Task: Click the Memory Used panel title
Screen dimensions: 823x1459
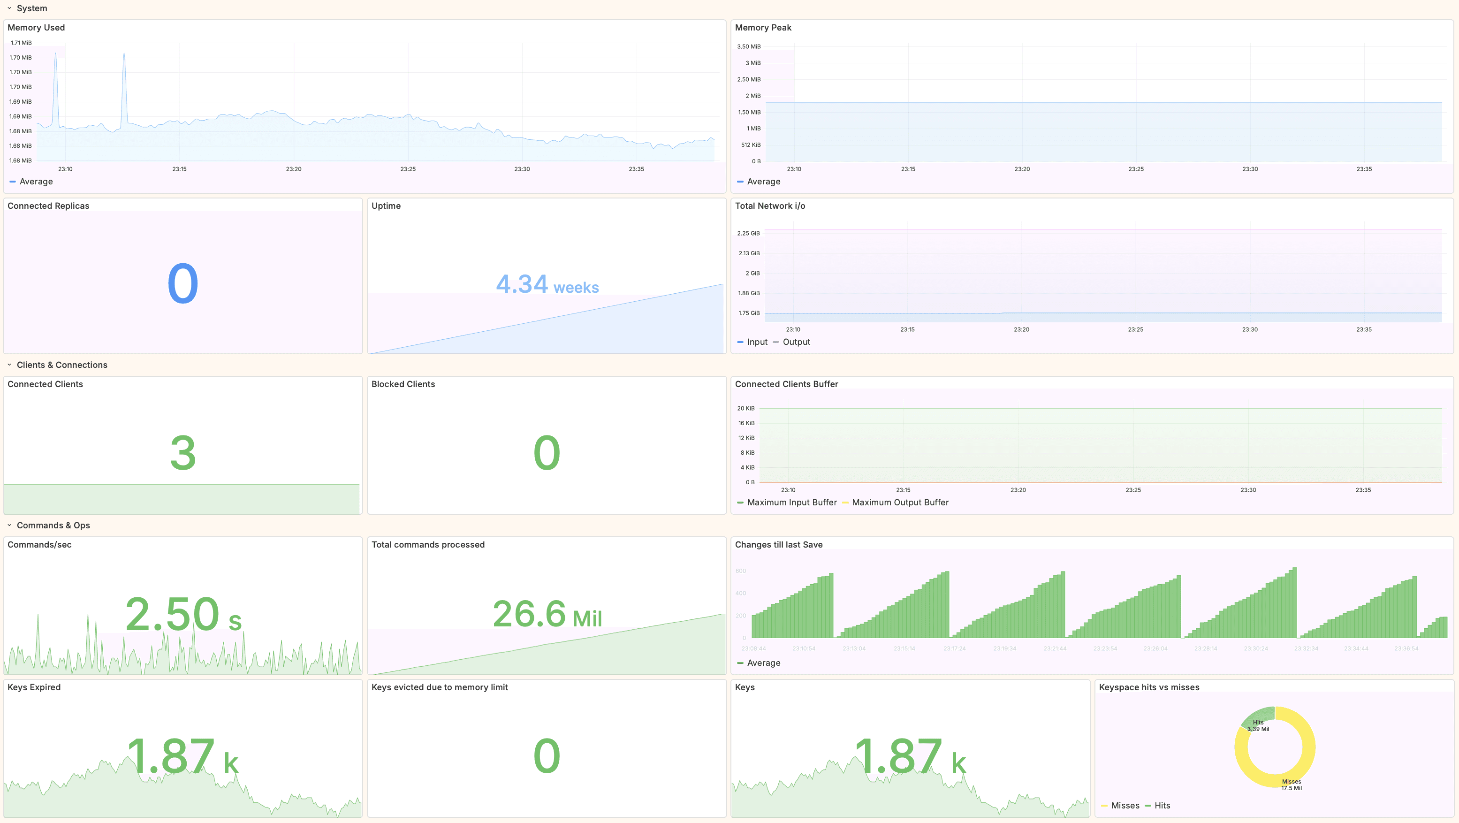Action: (36, 27)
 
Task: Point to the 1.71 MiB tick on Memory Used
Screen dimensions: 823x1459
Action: (21, 43)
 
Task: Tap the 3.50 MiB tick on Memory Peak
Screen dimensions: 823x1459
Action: (748, 46)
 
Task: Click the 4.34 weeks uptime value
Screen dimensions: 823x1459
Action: (547, 284)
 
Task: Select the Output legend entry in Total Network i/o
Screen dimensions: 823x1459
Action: (796, 342)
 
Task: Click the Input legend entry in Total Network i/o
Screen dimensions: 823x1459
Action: (757, 342)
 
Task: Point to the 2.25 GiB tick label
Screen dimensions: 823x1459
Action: (748, 233)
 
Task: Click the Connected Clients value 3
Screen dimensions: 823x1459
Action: (182, 453)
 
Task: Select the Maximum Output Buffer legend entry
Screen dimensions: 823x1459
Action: (899, 502)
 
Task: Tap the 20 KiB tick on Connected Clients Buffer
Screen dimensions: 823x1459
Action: (745, 408)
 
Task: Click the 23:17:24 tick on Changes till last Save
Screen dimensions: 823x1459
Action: (954, 648)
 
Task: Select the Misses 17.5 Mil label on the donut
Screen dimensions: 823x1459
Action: (1292, 785)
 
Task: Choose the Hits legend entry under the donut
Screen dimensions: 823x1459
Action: (1162, 805)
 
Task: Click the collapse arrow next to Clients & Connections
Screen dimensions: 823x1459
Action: (9, 365)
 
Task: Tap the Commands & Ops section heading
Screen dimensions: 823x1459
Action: (53, 525)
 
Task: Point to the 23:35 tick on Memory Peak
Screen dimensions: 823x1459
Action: (1364, 169)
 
